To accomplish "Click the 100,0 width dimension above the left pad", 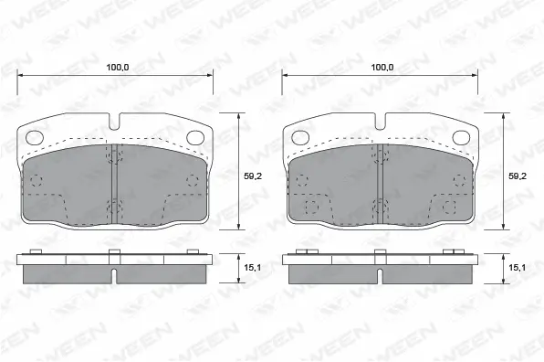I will [x=116, y=68].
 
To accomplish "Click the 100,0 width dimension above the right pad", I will [x=382, y=68].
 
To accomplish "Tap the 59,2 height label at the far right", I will [x=518, y=176].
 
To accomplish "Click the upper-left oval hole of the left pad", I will [x=35, y=138].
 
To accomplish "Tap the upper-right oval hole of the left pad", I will [x=194, y=138].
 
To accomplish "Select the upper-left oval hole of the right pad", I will [x=299, y=138].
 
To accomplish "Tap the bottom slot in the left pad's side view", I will [x=115, y=275].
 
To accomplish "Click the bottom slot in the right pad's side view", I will [x=380, y=275].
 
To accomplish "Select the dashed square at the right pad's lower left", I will [x=310, y=207].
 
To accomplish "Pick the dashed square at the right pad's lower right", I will [x=448, y=207].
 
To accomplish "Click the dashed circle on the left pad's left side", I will [x=37, y=179].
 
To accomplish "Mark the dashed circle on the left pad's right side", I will [x=193, y=179].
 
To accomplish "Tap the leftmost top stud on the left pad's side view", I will [x=37, y=251].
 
